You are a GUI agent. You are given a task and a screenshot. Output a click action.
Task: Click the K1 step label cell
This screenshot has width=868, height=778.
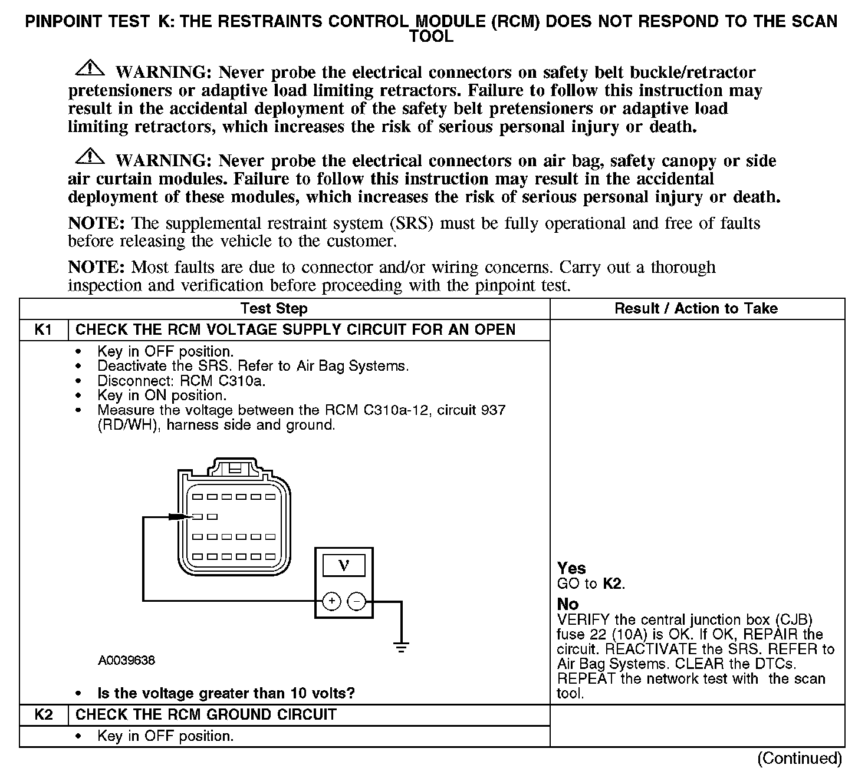click(44, 329)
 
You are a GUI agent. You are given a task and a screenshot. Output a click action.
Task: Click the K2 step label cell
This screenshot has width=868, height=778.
click(44, 715)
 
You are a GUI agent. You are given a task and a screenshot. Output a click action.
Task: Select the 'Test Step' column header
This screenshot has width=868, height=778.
click(274, 308)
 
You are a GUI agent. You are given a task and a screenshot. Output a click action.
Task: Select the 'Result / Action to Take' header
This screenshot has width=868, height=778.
click(696, 308)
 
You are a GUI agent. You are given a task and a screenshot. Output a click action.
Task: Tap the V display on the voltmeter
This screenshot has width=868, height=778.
click(343, 566)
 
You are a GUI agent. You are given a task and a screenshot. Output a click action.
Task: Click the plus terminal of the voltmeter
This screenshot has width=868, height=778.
click(332, 601)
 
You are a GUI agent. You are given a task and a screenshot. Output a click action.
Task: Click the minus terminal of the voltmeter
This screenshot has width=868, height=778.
click(356, 601)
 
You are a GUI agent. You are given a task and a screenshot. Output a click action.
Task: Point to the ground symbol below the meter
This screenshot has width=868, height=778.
click(402, 647)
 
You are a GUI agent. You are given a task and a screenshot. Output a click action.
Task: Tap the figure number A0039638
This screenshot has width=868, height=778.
click(127, 661)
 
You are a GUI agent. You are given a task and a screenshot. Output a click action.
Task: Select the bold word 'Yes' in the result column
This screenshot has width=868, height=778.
click(571, 568)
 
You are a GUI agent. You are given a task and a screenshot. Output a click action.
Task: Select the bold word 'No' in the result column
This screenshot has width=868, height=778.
click(568, 604)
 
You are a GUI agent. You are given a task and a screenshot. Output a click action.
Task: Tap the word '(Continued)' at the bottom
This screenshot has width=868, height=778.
click(799, 758)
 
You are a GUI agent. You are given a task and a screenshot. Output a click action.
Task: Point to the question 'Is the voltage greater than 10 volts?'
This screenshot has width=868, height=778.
click(226, 693)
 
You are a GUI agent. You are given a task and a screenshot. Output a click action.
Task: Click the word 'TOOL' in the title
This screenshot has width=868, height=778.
click(431, 37)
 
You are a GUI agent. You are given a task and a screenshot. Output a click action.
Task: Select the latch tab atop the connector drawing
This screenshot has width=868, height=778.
click(234, 469)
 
